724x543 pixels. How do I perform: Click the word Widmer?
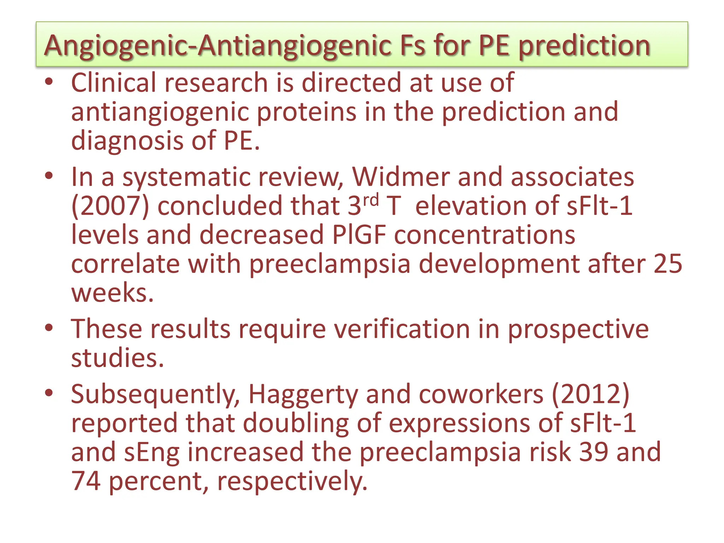tap(400, 177)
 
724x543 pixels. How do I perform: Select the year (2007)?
tap(110, 206)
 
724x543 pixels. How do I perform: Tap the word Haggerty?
tap(303, 394)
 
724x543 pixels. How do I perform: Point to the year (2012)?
tap(590, 394)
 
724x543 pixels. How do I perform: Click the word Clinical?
tap(113, 83)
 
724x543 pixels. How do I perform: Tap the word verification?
tap(402, 329)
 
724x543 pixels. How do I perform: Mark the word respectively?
tap(292, 481)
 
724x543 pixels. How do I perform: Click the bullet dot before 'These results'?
tap(49, 328)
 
